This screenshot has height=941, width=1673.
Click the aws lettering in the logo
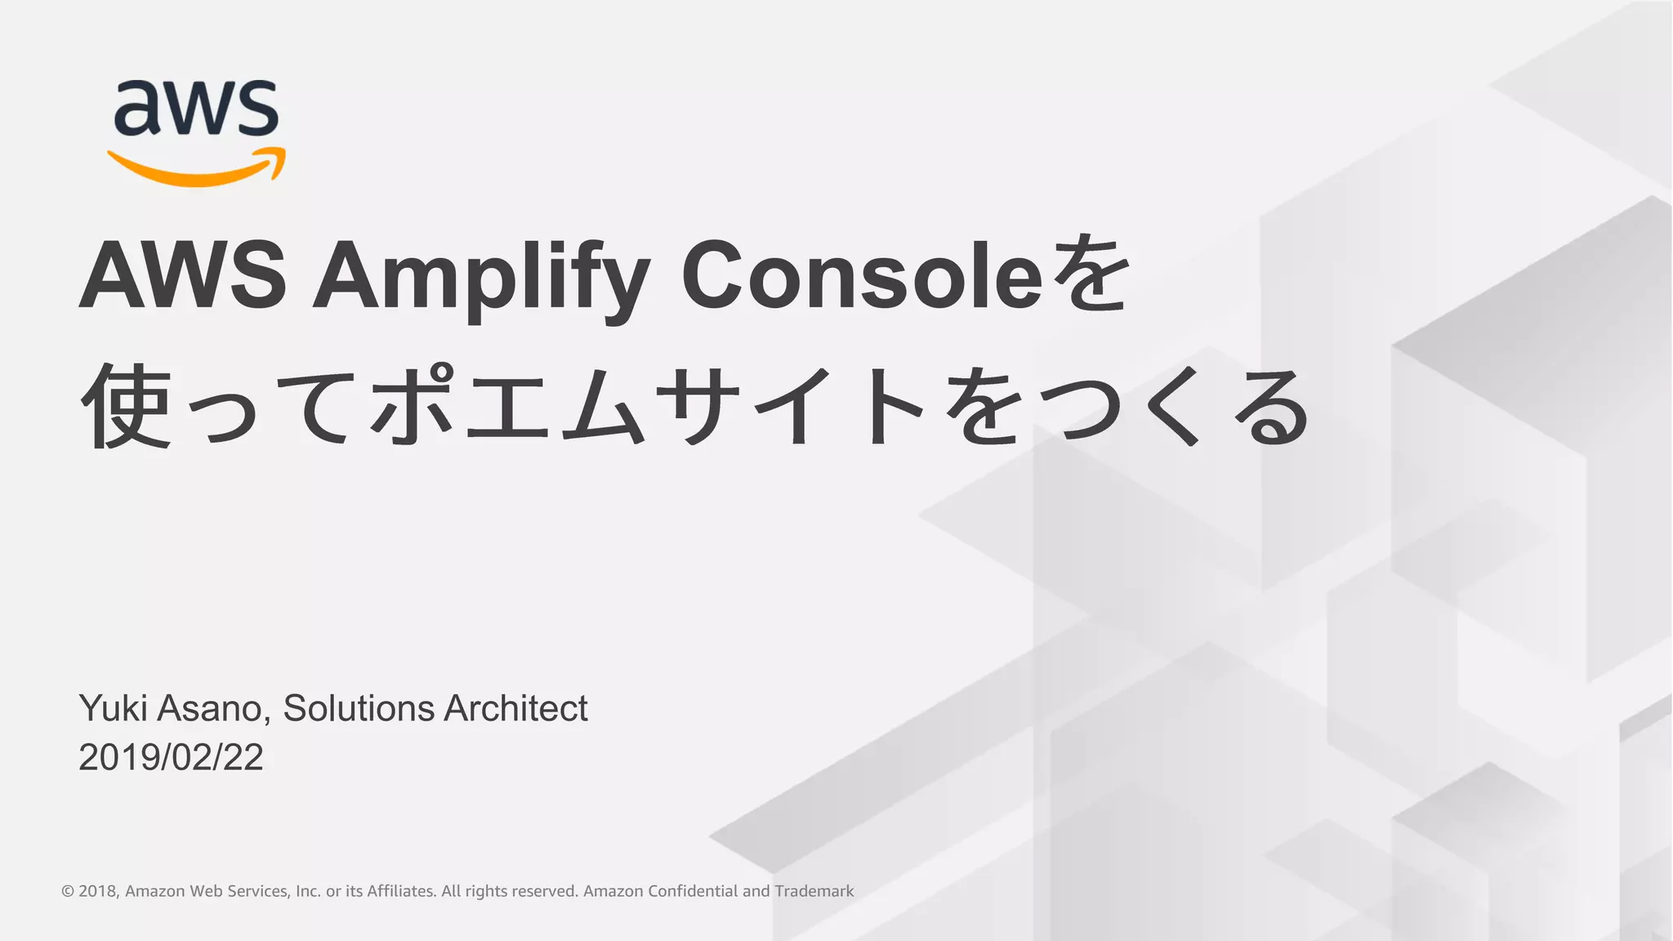point(196,108)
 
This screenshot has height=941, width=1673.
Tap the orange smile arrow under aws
point(196,169)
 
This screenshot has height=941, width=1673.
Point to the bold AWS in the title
point(182,276)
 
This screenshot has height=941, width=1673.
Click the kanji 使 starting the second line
point(127,406)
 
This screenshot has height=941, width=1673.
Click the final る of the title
point(1270,406)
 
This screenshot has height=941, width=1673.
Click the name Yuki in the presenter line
point(113,708)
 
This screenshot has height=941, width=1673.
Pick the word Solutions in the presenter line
point(358,708)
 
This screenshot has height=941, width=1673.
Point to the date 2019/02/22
point(171,757)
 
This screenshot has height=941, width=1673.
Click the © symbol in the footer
point(68,891)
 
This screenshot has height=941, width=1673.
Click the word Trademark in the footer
point(814,891)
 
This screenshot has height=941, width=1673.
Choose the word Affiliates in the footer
point(401,891)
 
